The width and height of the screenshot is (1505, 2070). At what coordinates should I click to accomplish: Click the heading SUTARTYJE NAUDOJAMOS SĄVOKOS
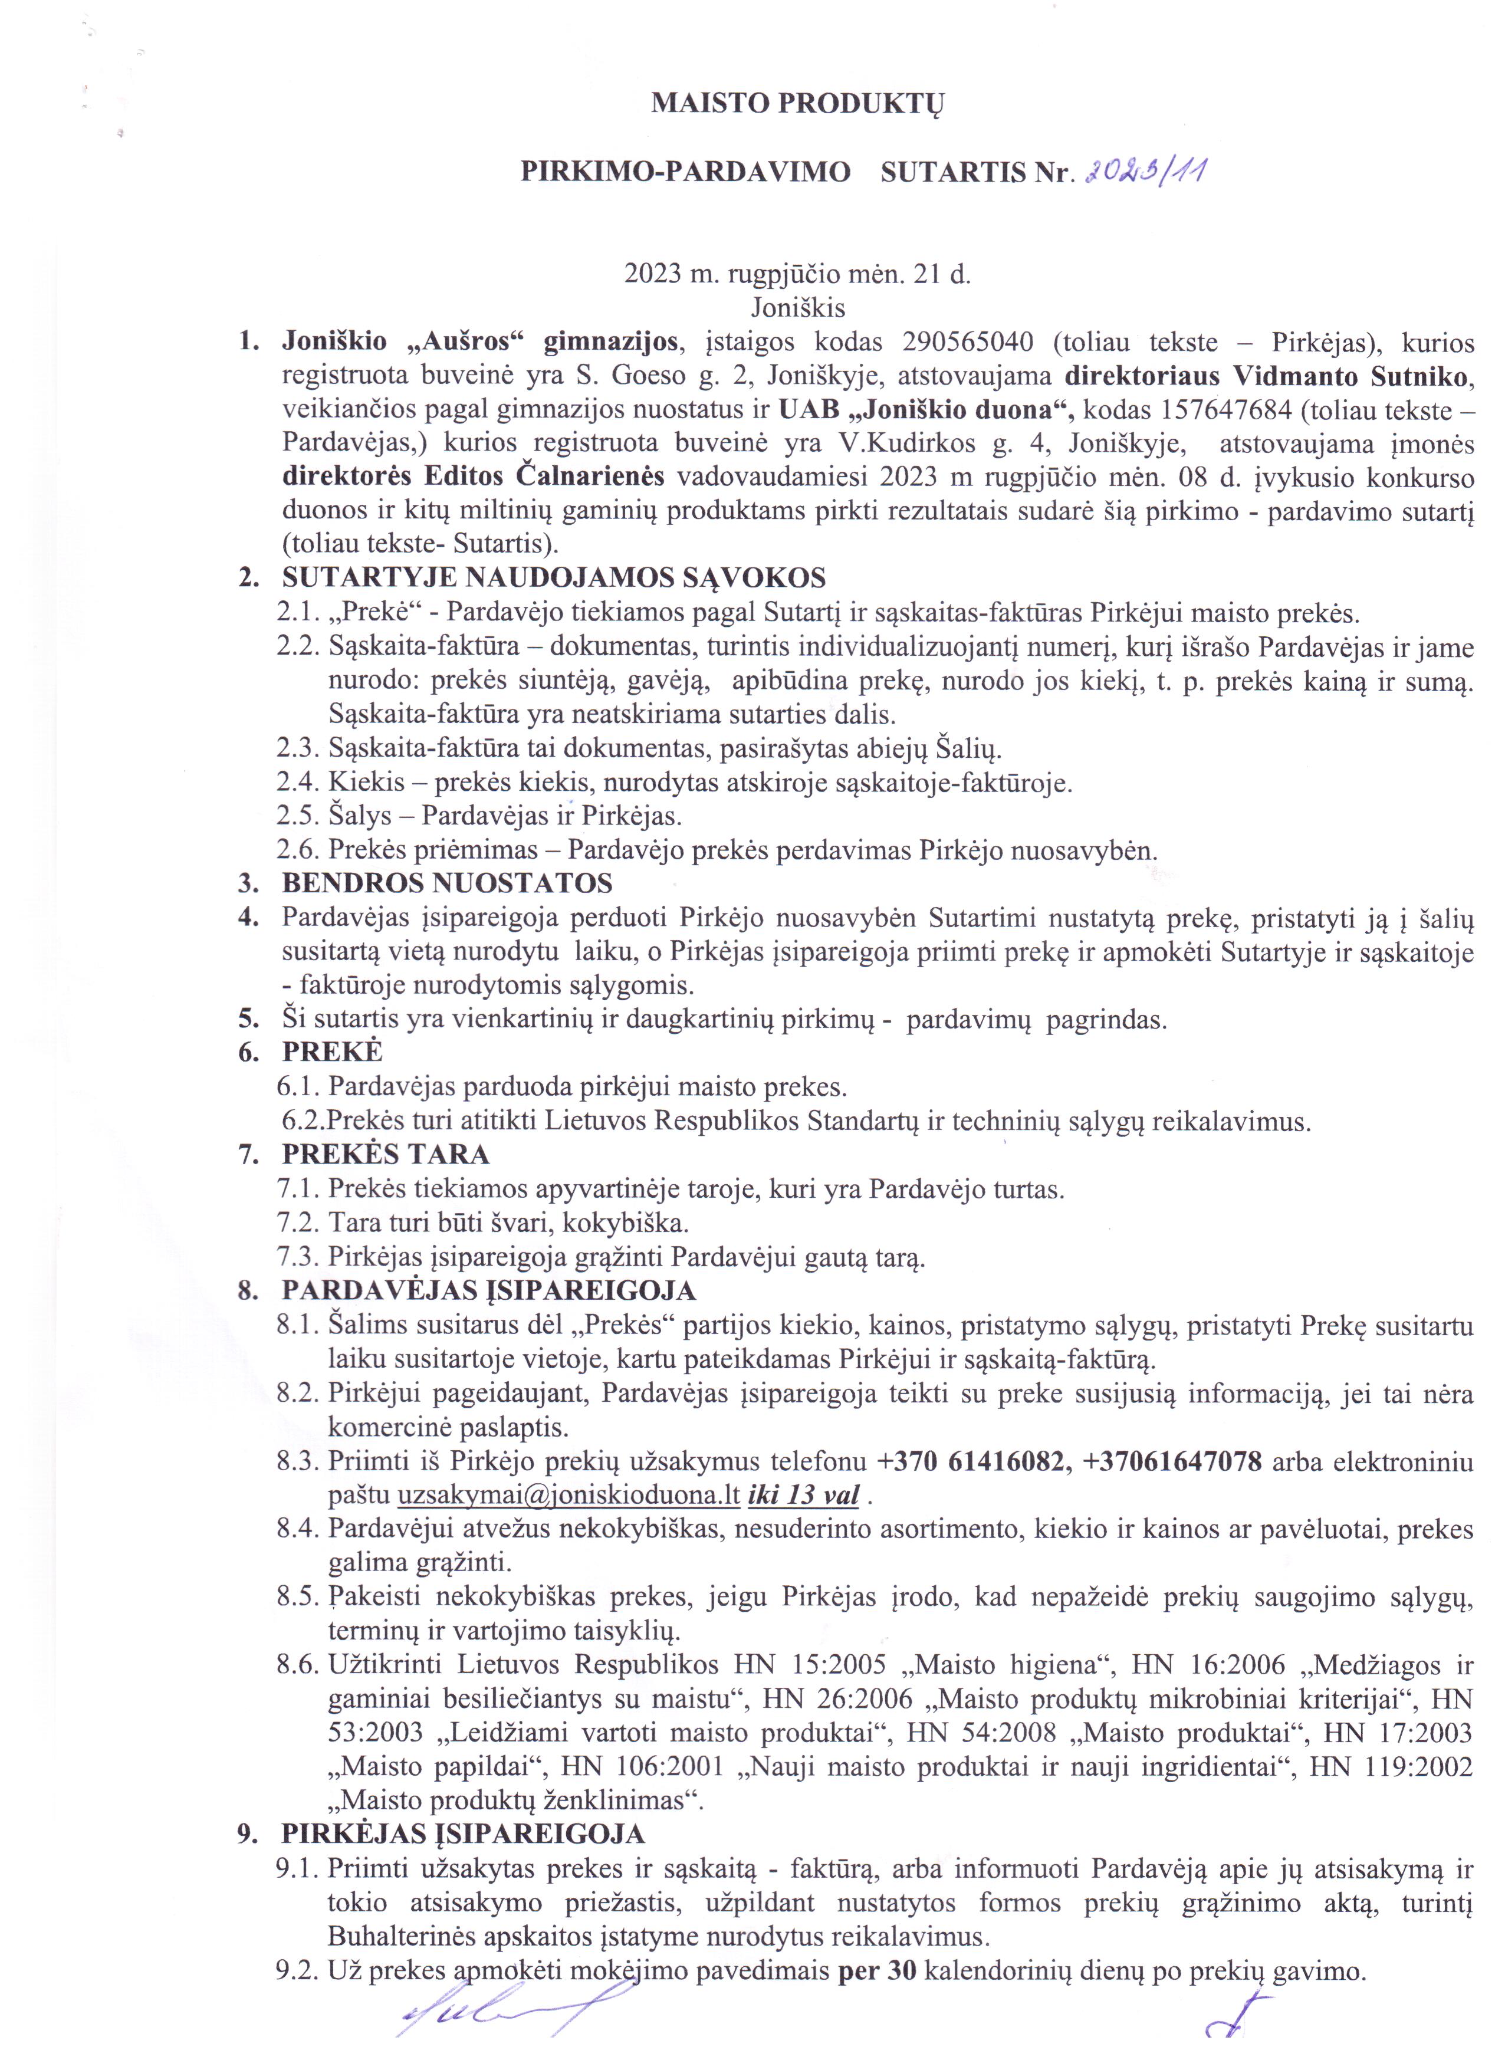(553, 578)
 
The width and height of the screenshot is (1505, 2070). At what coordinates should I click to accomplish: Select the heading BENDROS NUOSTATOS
(447, 883)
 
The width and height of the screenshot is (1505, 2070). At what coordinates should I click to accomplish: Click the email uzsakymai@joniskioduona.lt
(568, 1496)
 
